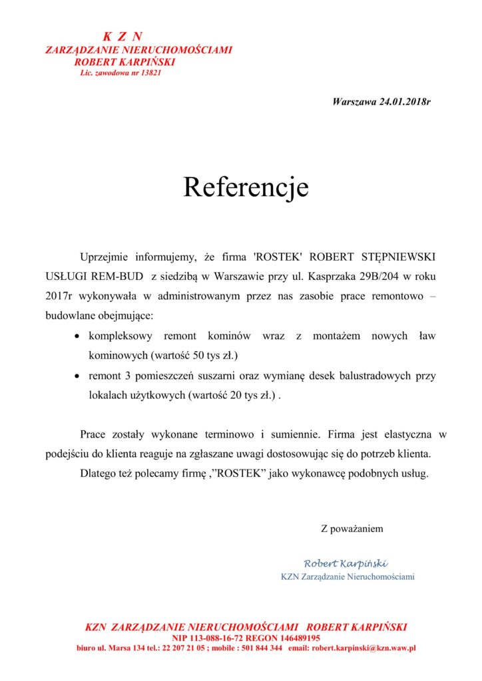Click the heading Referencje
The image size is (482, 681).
[246, 188]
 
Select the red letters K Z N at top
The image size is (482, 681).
[122, 37]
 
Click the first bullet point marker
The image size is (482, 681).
[79, 337]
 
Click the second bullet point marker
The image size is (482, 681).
[79, 376]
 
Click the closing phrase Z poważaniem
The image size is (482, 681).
[352, 529]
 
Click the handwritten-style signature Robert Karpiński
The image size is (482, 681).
[346, 563]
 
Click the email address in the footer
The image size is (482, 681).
[364, 648]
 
